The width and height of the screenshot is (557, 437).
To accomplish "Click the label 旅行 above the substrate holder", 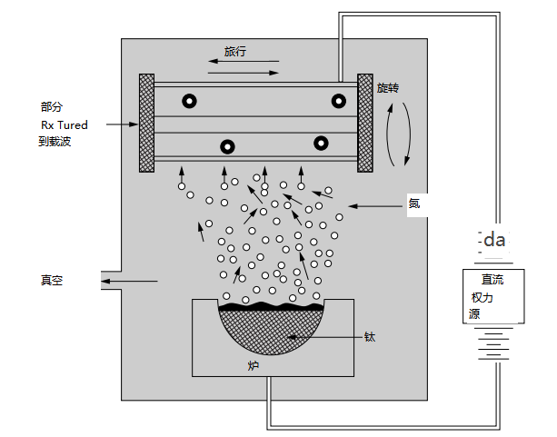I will click(235, 52).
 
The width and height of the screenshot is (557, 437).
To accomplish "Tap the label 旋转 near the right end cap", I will click(388, 88).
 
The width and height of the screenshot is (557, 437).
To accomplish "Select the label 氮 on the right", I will click(413, 204).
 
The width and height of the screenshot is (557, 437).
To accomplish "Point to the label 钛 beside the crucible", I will click(370, 337).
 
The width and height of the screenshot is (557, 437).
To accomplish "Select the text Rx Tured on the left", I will click(65, 124).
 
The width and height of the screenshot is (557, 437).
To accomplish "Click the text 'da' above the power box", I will click(494, 241).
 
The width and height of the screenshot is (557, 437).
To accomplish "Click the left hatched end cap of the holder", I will click(146, 123).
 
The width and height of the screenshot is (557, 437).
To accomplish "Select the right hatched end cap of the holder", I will click(366, 123).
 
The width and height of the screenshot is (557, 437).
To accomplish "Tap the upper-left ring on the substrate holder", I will click(189, 101).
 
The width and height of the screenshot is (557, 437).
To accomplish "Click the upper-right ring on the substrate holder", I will click(338, 100).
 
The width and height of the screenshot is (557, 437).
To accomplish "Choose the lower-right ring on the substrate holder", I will click(322, 143).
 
